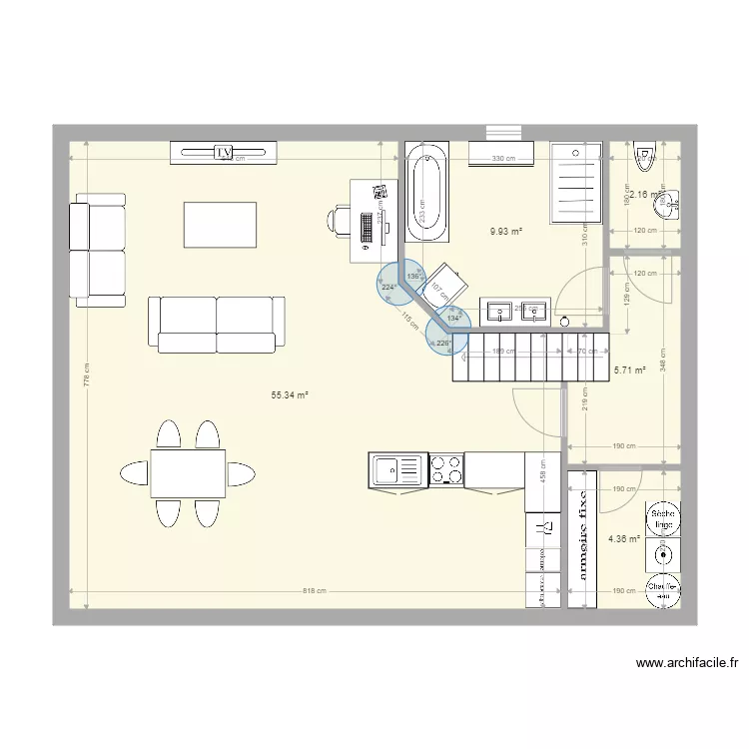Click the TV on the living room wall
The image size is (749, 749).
point(224,153)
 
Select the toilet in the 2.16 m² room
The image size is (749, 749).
point(643,154)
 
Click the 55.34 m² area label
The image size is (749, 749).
point(290,395)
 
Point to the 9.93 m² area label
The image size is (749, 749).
point(506,231)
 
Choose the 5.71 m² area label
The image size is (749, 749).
point(628,370)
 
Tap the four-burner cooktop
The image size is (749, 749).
point(445,468)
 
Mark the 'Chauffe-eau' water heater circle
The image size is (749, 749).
point(662,589)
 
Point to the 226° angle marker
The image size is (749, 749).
point(443,343)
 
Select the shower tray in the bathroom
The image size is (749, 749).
point(577,182)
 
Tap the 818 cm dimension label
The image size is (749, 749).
point(314,591)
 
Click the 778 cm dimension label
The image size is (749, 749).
point(87,379)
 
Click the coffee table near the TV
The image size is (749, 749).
point(220,225)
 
